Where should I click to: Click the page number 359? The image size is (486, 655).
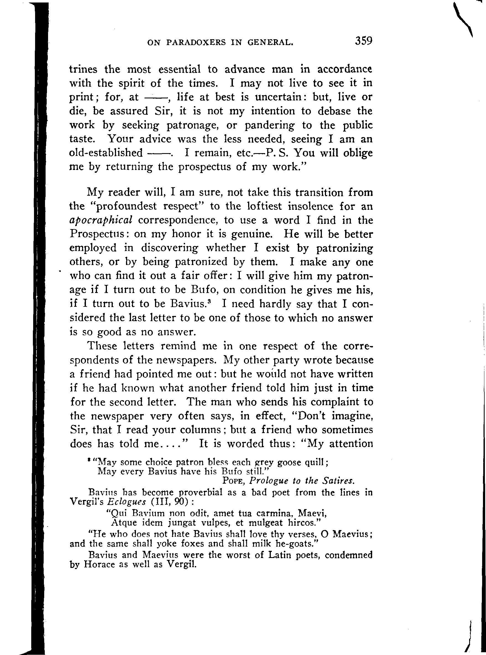pyautogui.click(x=364, y=41)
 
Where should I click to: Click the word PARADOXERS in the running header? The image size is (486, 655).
pyautogui.click(x=196, y=43)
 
